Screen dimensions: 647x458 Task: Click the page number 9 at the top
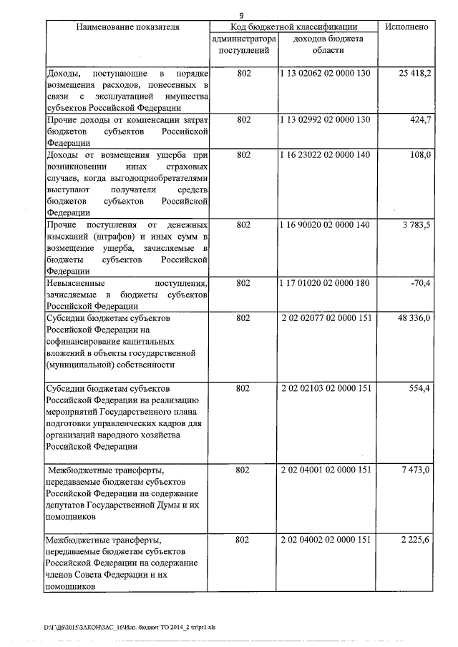click(242, 16)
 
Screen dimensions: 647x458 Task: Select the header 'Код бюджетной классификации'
click(293, 26)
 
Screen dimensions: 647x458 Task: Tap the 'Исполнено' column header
click(406, 26)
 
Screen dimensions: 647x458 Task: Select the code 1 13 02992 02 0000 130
click(326, 119)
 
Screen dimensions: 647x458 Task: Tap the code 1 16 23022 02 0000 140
click(326, 155)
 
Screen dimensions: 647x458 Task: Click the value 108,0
click(419, 155)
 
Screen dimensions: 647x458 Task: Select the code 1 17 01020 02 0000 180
click(326, 283)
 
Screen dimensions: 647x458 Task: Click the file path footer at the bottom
click(130, 627)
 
